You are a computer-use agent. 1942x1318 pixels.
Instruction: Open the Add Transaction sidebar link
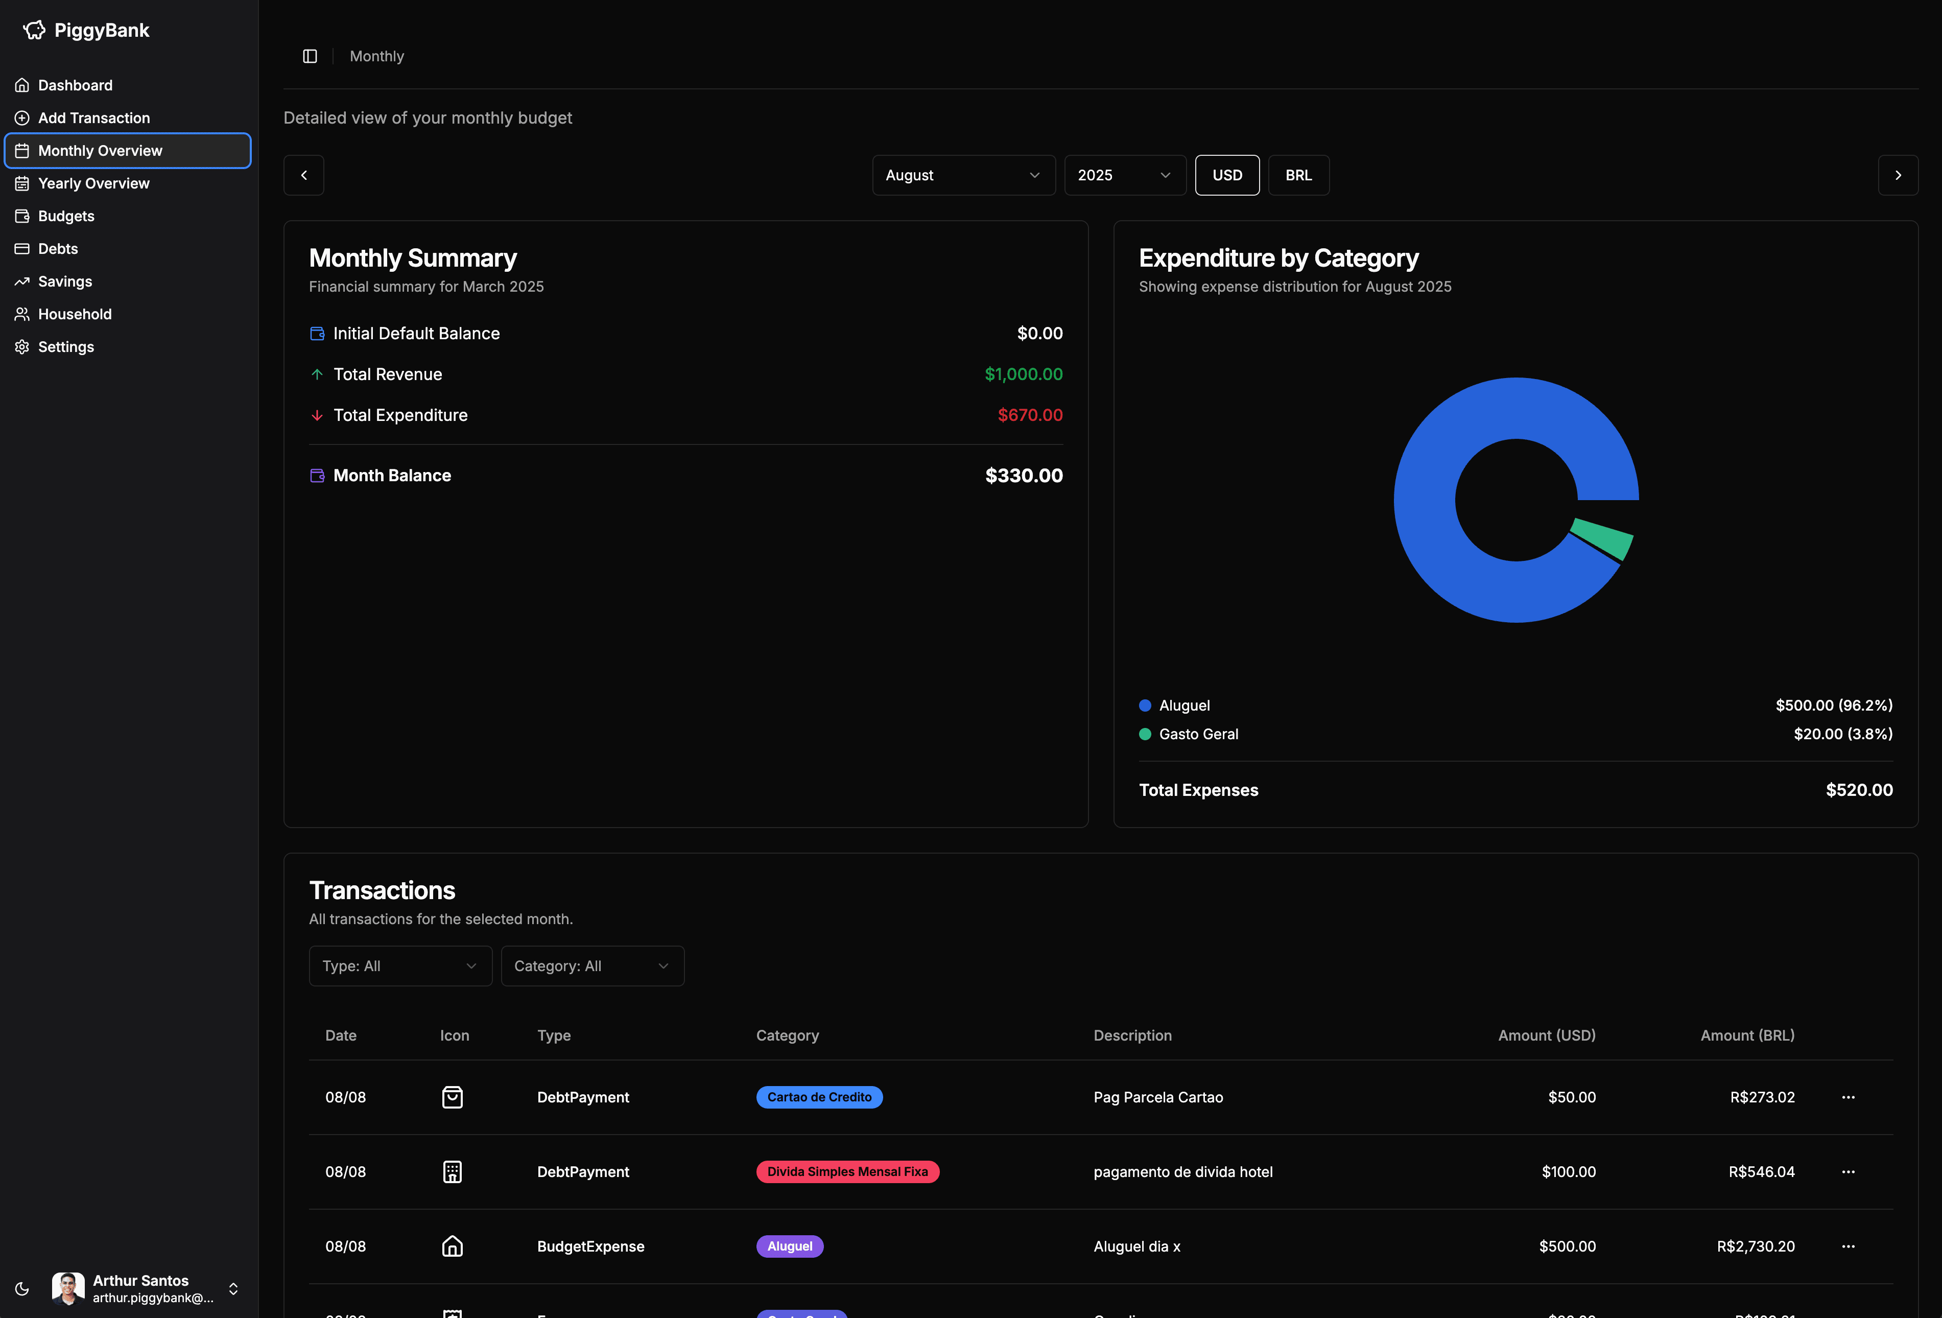coord(93,118)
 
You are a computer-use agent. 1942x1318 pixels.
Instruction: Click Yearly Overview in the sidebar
coord(93,183)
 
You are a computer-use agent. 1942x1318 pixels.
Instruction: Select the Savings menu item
coord(65,281)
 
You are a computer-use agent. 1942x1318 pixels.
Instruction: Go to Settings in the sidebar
coord(66,347)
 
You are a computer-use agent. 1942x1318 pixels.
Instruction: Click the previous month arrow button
coord(303,176)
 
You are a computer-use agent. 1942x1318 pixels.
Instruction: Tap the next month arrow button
coord(1898,176)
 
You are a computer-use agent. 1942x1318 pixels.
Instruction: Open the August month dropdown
coord(963,176)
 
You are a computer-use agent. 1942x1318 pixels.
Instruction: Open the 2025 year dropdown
coord(1124,176)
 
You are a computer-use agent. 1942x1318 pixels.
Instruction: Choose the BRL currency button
coord(1298,176)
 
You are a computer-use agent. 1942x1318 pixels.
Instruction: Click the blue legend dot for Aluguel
coord(1145,705)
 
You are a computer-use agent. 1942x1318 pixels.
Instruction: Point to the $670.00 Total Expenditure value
coord(1030,415)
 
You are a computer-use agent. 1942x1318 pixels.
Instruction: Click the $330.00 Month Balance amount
coord(1024,476)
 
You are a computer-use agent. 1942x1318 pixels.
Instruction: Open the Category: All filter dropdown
coord(591,966)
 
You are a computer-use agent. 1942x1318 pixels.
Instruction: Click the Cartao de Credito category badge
coord(819,1097)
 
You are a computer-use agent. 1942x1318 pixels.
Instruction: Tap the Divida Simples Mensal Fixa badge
coord(847,1172)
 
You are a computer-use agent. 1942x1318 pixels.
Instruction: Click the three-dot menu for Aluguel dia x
coord(1848,1246)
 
